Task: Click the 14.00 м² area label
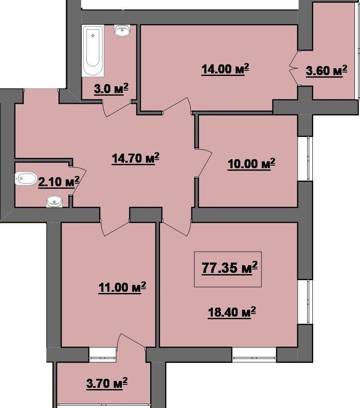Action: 225,70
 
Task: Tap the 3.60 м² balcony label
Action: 327,70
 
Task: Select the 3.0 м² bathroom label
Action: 111,89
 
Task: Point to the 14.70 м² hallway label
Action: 136,158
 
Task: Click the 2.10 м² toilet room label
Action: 58,181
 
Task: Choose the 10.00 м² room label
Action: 251,164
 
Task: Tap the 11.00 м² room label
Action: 122,287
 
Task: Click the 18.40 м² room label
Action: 232,312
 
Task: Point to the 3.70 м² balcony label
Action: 107,384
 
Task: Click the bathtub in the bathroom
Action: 93,51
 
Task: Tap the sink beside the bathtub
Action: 122,30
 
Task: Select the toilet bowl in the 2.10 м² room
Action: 26,178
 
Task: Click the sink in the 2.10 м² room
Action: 54,201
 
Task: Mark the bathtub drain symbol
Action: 93,35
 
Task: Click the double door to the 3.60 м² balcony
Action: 294,68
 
